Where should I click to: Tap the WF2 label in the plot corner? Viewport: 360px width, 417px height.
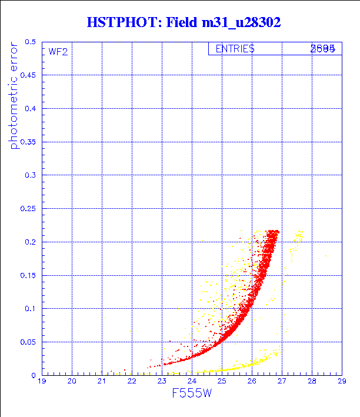click(x=58, y=52)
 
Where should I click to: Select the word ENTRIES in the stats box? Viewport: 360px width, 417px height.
click(x=235, y=49)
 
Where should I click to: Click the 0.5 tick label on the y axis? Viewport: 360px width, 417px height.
click(x=30, y=42)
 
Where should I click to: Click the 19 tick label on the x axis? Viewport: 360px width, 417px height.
click(x=42, y=381)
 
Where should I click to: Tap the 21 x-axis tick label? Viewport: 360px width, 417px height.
click(x=102, y=381)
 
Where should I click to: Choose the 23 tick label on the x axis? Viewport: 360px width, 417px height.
click(x=162, y=381)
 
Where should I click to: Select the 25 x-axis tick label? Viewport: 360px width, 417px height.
click(x=222, y=381)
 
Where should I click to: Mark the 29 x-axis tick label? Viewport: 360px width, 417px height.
click(x=341, y=381)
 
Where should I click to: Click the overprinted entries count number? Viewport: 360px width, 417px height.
click(x=323, y=49)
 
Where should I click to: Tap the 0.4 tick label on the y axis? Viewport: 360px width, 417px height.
click(x=30, y=109)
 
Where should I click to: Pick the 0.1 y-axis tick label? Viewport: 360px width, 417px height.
click(x=30, y=309)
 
